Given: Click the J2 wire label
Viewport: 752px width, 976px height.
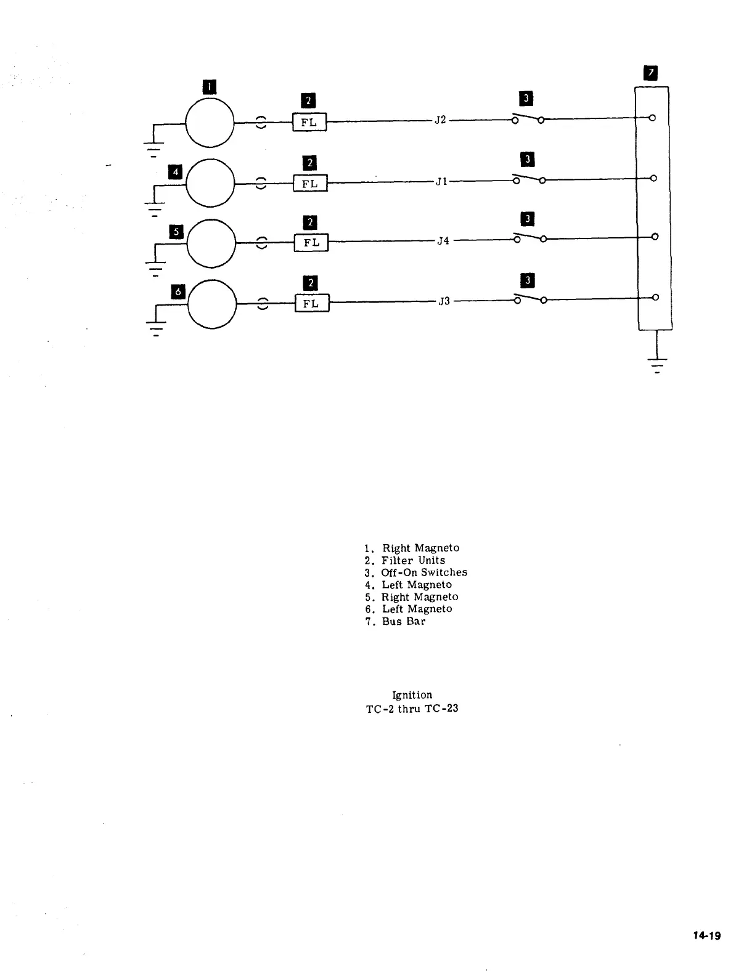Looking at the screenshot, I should click(440, 120).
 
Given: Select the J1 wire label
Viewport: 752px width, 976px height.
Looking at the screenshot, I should click(441, 182).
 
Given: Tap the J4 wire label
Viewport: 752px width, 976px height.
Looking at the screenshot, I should click(443, 241).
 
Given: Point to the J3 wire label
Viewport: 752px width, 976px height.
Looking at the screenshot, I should click(444, 301).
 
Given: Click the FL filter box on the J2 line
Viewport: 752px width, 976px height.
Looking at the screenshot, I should click(309, 122).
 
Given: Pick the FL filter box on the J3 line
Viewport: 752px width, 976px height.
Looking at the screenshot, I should click(312, 303).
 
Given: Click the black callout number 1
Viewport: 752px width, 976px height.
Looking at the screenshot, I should click(210, 87).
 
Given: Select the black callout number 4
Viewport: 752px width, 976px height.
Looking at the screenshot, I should click(175, 171).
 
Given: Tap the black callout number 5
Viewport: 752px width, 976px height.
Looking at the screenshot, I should click(176, 232).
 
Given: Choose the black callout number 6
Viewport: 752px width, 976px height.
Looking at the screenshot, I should click(178, 291).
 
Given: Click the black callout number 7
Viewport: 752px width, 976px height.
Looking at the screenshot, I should click(650, 74).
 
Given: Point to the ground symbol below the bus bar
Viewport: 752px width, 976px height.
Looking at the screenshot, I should click(657, 364).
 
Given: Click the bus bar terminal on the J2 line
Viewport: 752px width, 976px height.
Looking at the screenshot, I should click(653, 118).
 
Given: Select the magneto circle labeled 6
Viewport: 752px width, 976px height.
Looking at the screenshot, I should click(212, 304).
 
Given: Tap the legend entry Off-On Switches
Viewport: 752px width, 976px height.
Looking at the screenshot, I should click(424, 572).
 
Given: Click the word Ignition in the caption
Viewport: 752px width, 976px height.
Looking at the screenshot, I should click(412, 695).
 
